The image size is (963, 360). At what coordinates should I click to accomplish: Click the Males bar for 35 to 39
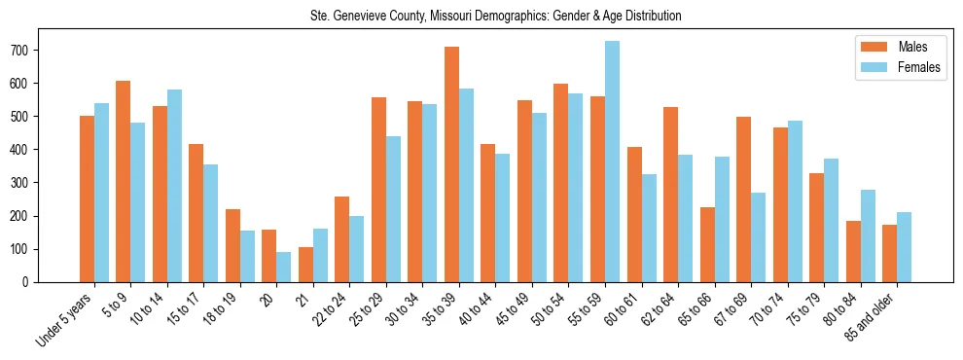[x=452, y=164]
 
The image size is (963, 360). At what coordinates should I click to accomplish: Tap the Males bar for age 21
[x=306, y=265]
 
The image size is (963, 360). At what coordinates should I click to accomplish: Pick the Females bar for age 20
[x=284, y=267]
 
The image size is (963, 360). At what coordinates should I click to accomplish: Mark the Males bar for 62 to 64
[x=671, y=195]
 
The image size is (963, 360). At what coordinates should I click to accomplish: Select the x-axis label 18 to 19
[x=222, y=309]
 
